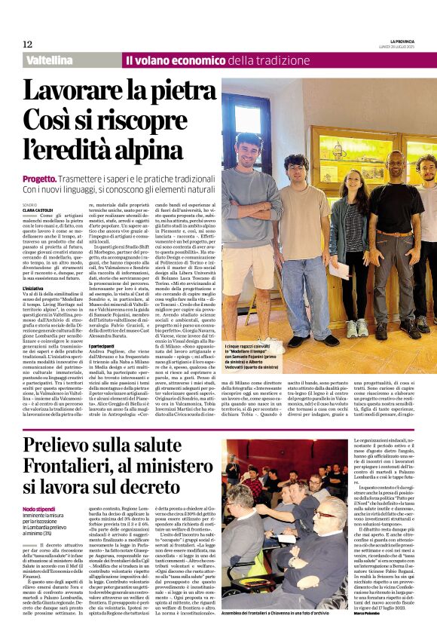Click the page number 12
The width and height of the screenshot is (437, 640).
(27, 44)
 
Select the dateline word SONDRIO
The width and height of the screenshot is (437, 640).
(29, 205)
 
